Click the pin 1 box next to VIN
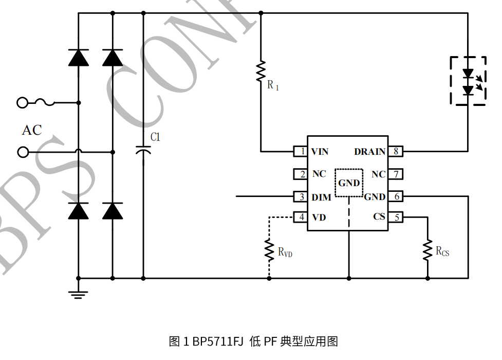[x=301, y=152]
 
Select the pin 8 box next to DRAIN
[x=395, y=152]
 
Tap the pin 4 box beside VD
[x=301, y=218]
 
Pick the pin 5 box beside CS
[x=395, y=218]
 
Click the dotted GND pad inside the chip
[x=349, y=182]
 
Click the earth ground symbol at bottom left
[x=79, y=294]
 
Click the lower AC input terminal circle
[x=23, y=152]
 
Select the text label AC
[x=31, y=131]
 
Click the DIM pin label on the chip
[x=321, y=197]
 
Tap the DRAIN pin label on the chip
[x=369, y=152]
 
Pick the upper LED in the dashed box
[x=468, y=74]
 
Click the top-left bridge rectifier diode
[x=79, y=58]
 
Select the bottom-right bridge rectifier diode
[x=113, y=211]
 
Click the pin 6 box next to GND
[x=395, y=196]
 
